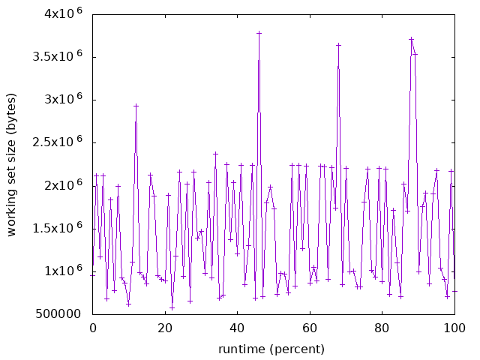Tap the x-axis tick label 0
point(93,328)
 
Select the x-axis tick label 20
point(165,328)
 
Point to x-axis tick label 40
point(238,328)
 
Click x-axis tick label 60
point(310,328)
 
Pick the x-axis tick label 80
point(382,328)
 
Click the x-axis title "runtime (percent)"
point(271,349)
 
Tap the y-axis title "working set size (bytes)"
point(12,164)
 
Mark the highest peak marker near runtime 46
point(259,33)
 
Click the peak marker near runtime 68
point(338,45)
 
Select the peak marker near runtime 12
point(136,106)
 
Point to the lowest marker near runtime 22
point(172,307)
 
